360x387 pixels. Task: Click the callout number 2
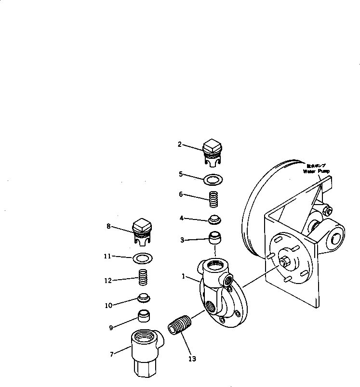pos(180,144)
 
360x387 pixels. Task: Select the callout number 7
pos(112,354)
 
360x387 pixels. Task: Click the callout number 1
pos(183,277)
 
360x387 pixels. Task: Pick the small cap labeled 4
pos(214,220)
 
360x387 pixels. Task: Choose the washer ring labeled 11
pos(143,258)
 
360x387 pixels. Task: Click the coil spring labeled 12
pos(142,278)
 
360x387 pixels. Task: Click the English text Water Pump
pos(316,171)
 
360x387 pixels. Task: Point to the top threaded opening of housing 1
pos(214,265)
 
